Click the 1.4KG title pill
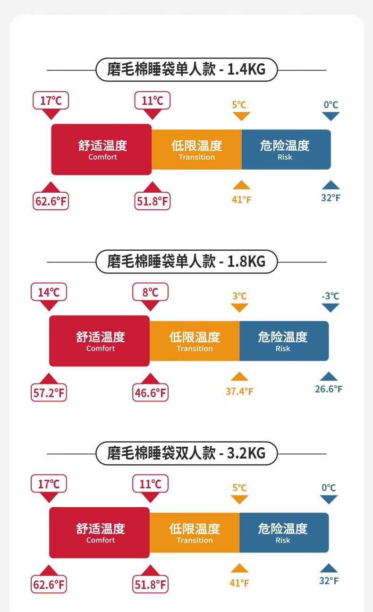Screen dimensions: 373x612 (186, 70)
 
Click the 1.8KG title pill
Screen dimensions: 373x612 (186, 261)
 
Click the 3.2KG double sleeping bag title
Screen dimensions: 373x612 (186, 453)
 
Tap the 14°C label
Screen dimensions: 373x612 (49, 292)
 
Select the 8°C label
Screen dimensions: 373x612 (150, 292)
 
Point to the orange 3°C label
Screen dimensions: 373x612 (239, 296)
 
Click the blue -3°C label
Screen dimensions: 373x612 (330, 296)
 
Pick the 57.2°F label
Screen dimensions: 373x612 (49, 393)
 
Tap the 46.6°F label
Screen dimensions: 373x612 (150, 393)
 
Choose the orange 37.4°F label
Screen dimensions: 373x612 (239, 391)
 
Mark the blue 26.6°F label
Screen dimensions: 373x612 (329, 389)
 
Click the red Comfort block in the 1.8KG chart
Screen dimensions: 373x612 (100, 341)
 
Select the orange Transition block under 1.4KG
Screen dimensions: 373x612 (196, 149)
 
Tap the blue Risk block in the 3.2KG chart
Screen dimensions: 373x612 (284, 532)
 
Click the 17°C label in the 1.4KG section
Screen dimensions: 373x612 (51, 101)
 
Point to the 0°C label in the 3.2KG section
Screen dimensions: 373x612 (329, 487)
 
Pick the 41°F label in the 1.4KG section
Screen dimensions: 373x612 (241, 200)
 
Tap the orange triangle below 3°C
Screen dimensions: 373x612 (240, 307)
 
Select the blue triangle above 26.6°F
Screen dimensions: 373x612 (329, 377)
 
